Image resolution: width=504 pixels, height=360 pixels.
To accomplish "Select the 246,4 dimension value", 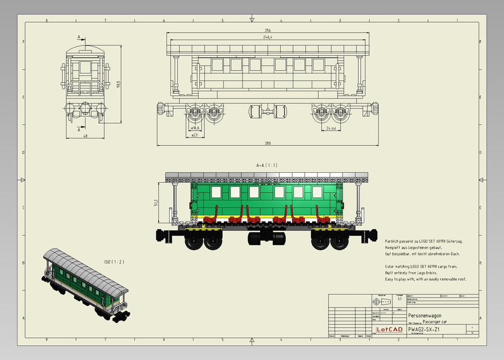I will (267, 38).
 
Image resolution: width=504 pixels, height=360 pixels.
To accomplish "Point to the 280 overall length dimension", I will (267, 143).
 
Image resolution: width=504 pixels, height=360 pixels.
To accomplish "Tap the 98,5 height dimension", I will (118, 84).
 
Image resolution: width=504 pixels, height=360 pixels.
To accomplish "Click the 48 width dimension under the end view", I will (85, 136).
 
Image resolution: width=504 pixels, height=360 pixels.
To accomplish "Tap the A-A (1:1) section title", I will (267, 165).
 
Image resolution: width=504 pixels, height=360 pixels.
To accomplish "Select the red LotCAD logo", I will (389, 329).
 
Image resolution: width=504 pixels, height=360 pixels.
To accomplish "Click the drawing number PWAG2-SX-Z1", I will (424, 329).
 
